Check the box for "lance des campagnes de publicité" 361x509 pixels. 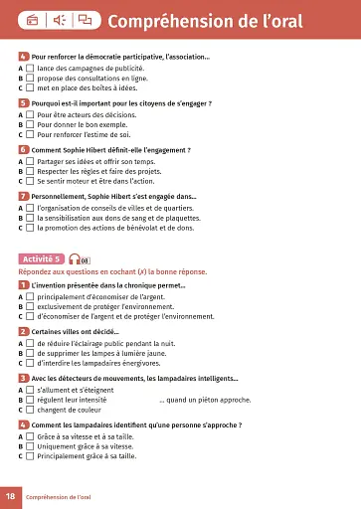tap(31, 68)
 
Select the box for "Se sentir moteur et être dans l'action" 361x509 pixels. tap(31, 181)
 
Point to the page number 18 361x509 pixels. tap(10, 495)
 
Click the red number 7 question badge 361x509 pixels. tap(23, 197)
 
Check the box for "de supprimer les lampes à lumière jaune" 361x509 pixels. tap(31, 352)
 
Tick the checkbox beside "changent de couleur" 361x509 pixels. tap(31, 409)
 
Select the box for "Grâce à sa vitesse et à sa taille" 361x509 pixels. tap(31, 436)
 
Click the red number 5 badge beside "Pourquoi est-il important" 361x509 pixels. tap(23, 102)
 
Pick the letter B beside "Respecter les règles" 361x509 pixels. tap(21, 172)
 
